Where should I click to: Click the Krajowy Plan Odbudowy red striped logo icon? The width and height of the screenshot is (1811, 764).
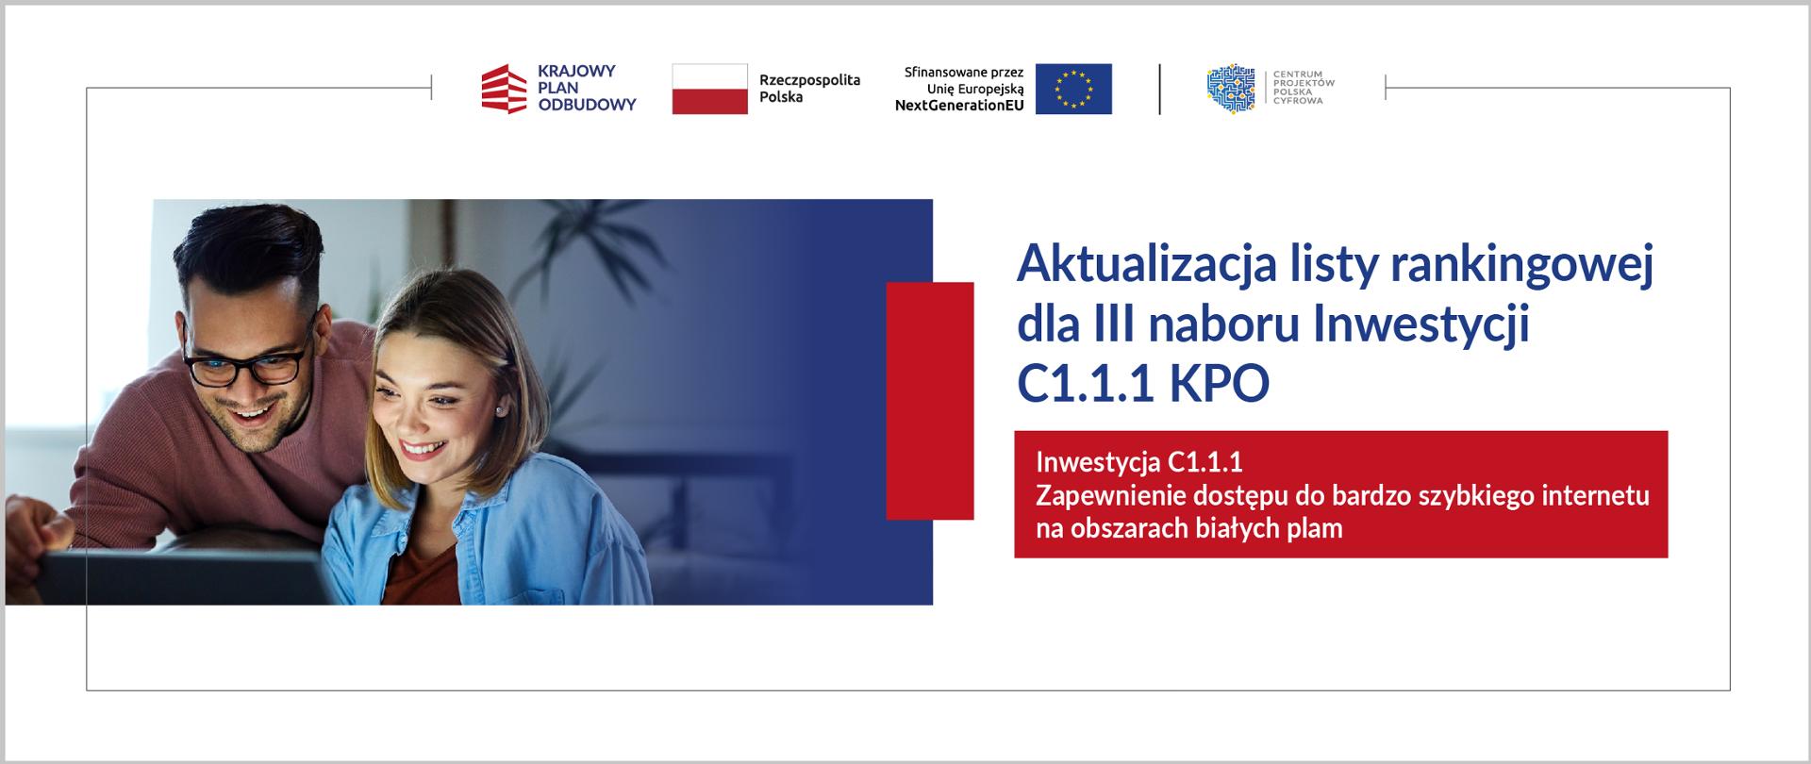504,90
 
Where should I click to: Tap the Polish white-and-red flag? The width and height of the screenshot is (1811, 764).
709,90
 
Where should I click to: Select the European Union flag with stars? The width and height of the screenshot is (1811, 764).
1073,90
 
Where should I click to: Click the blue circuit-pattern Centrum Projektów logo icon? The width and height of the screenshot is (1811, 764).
1231,90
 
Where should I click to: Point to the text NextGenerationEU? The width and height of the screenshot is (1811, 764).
958,106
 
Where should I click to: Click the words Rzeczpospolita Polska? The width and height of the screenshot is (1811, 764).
809,89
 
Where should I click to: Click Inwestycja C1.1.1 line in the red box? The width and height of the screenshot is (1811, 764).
1139,462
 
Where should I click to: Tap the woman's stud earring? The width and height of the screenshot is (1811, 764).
497,411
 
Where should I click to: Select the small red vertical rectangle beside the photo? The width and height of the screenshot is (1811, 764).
930,401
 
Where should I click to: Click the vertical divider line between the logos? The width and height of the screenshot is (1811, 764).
1159,90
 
